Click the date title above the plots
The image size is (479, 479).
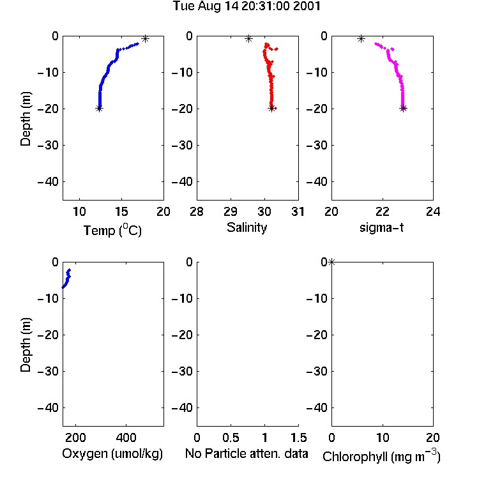(247, 6)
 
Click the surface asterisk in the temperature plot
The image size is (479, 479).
(145, 39)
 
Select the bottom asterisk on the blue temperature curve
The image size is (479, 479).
(99, 108)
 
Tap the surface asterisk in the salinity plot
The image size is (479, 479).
(248, 39)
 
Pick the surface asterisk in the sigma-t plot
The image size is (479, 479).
(361, 39)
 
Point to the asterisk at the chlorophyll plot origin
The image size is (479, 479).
(331, 262)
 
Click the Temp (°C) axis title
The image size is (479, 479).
(112, 230)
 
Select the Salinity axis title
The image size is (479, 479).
(247, 227)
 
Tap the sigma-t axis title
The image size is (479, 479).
(381, 227)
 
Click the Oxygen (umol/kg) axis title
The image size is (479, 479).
(112, 453)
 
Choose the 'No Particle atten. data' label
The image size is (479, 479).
(247, 453)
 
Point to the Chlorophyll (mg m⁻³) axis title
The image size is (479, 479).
(381, 456)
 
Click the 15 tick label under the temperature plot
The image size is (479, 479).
(121, 211)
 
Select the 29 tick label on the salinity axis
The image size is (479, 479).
(231, 211)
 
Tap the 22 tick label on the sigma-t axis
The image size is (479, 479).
(382, 211)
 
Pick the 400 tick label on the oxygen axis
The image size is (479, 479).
(126, 437)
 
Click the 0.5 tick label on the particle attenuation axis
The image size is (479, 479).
(231, 437)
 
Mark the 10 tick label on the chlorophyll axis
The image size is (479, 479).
(383, 437)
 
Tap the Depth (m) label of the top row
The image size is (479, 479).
(26, 119)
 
